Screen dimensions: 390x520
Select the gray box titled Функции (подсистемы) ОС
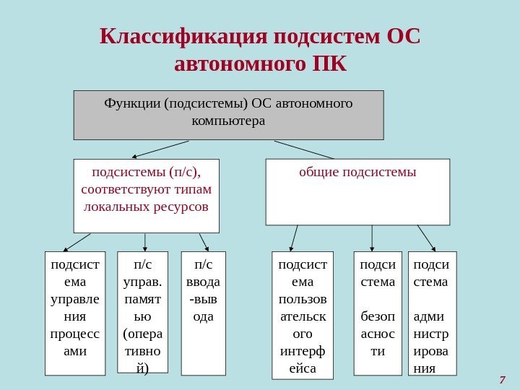pos(228,114)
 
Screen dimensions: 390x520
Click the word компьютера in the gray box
pos(228,120)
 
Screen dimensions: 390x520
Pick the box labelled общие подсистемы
pos(357,192)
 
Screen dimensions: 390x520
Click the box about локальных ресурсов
pos(147,196)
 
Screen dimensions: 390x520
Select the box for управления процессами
pos(74,313)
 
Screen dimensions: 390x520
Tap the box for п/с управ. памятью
pos(143,312)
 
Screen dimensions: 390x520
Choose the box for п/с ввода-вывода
pos(203,313)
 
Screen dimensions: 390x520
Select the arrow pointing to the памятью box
pos(146,241)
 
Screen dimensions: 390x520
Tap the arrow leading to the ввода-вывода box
pos(204,241)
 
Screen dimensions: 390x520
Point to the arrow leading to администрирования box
pos(426,237)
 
